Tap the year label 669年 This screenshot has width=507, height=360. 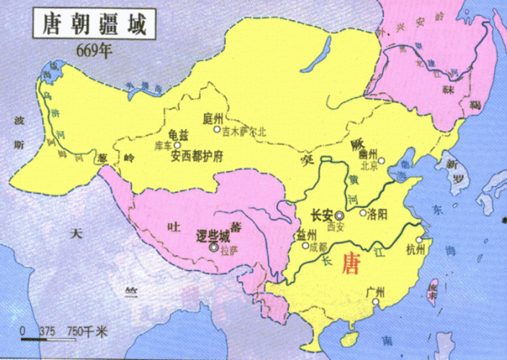coord(94,51)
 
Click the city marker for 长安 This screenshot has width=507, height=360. coord(339,215)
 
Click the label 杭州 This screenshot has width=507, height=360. coord(416,250)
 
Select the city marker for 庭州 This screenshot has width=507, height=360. coord(217,130)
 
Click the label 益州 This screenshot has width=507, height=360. coord(306,234)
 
